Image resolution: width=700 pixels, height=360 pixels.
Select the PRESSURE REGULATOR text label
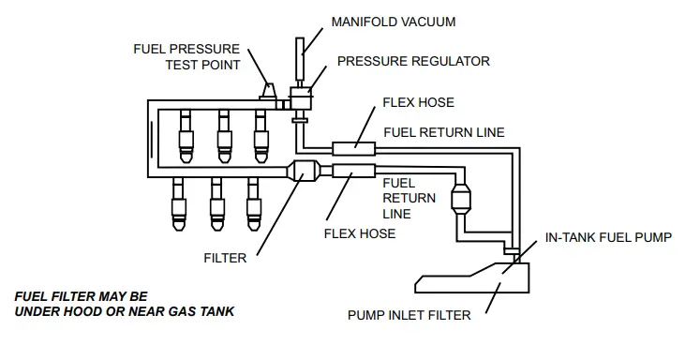coord(413,61)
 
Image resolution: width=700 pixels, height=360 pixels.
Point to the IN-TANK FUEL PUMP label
coord(608,238)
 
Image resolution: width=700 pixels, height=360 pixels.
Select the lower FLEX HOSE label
coord(359,232)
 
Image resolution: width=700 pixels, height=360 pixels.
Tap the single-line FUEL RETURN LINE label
coord(444,132)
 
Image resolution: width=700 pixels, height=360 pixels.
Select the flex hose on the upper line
coord(354,146)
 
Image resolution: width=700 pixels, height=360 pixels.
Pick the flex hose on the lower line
coord(354,171)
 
